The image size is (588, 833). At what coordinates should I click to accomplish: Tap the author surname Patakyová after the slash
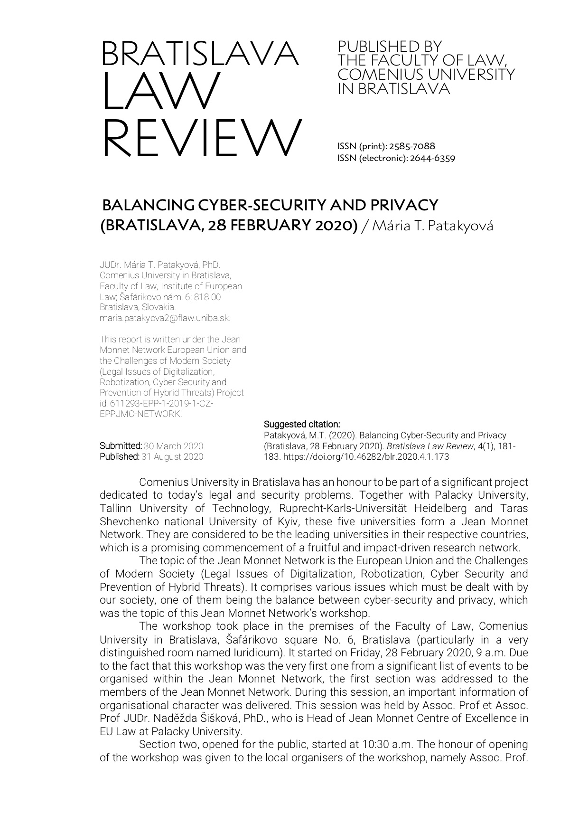click(x=460, y=226)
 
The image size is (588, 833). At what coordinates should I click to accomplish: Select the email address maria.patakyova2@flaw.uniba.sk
click(x=165, y=318)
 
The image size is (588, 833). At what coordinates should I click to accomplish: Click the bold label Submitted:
click(x=121, y=446)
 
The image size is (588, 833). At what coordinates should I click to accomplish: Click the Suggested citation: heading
click(x=302, y=424)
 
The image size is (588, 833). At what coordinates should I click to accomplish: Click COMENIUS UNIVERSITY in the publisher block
click(x=426, y=75)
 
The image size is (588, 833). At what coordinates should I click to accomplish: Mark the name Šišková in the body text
click(x=215, y=718)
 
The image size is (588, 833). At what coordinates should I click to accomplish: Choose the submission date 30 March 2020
click(x=173, y=446)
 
